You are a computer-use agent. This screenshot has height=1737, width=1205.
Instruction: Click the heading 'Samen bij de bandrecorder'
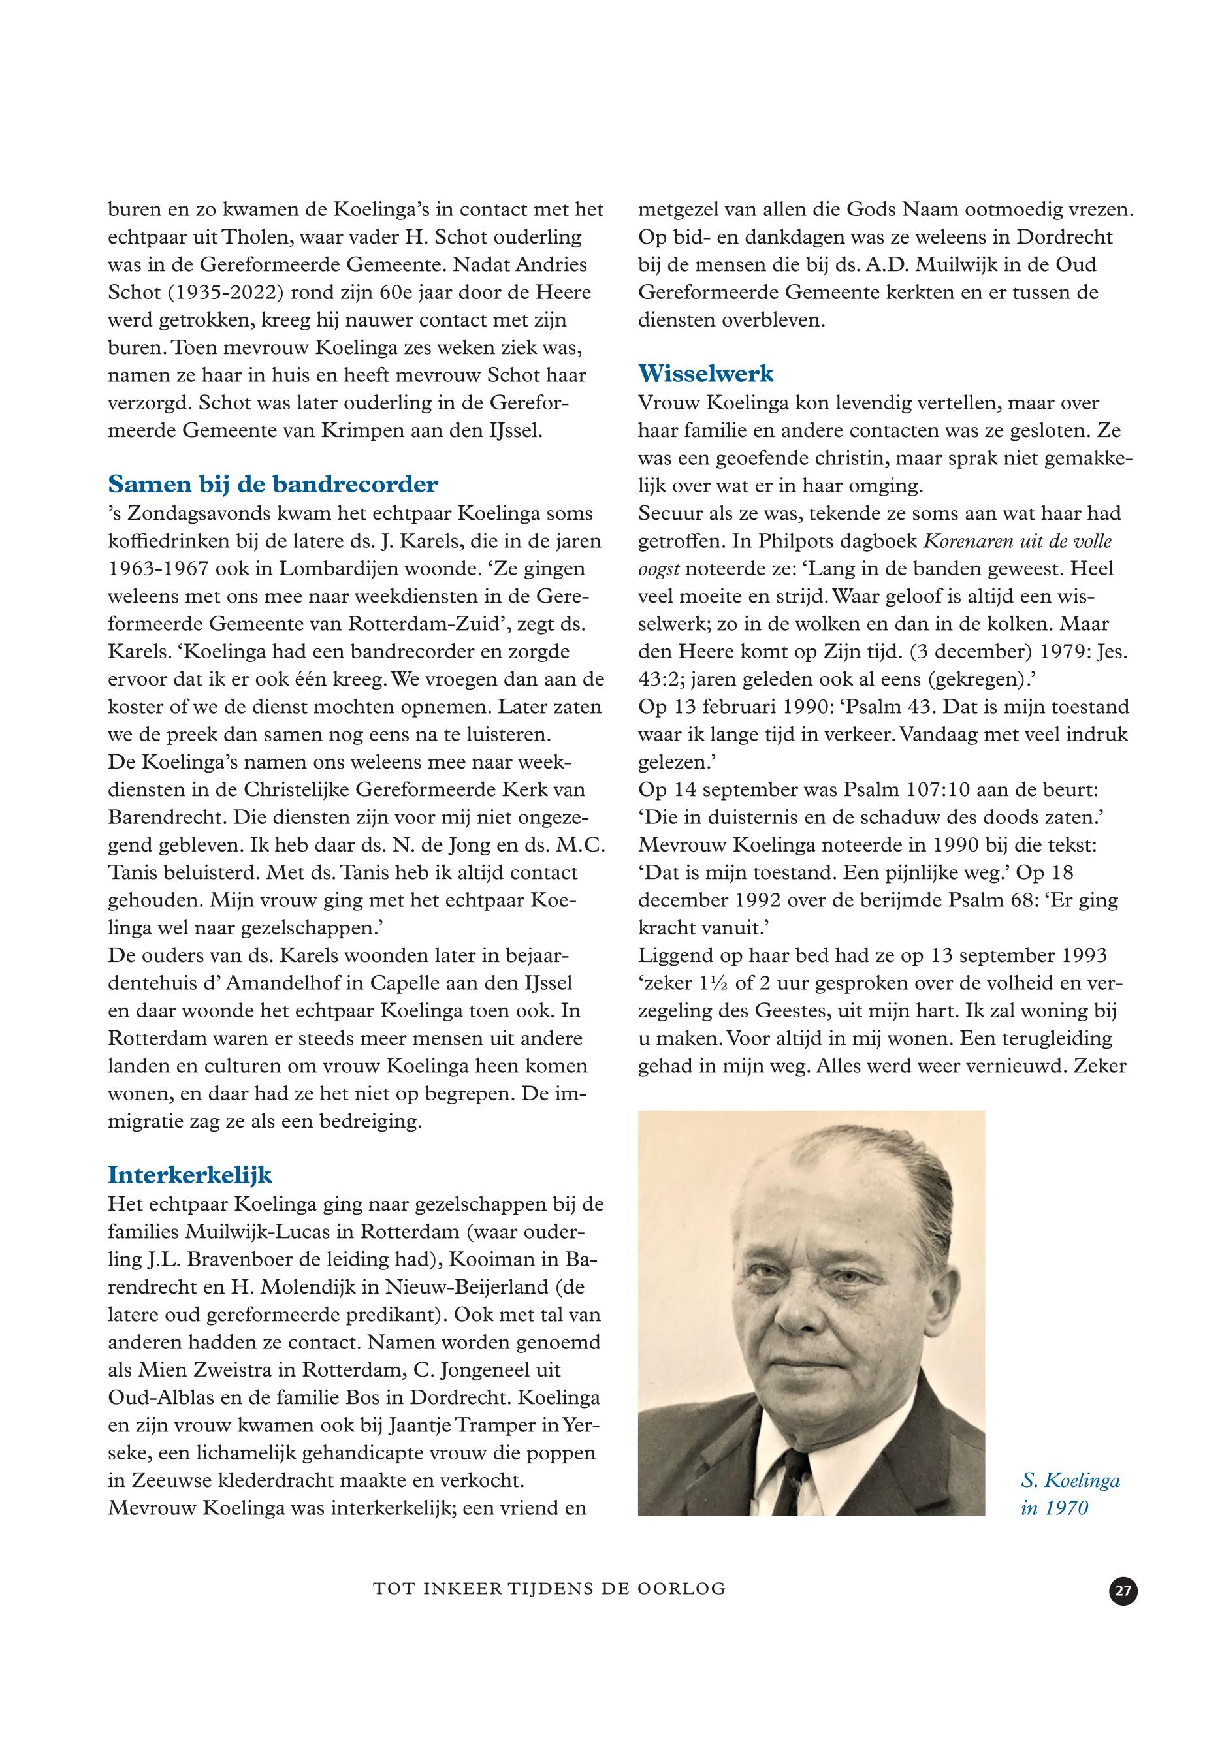(x=273, y=483)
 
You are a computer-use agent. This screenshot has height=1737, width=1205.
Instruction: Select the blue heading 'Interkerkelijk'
(x=190, y=1175)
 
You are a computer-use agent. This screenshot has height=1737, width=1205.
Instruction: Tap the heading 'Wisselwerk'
(x=706, y=373)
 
